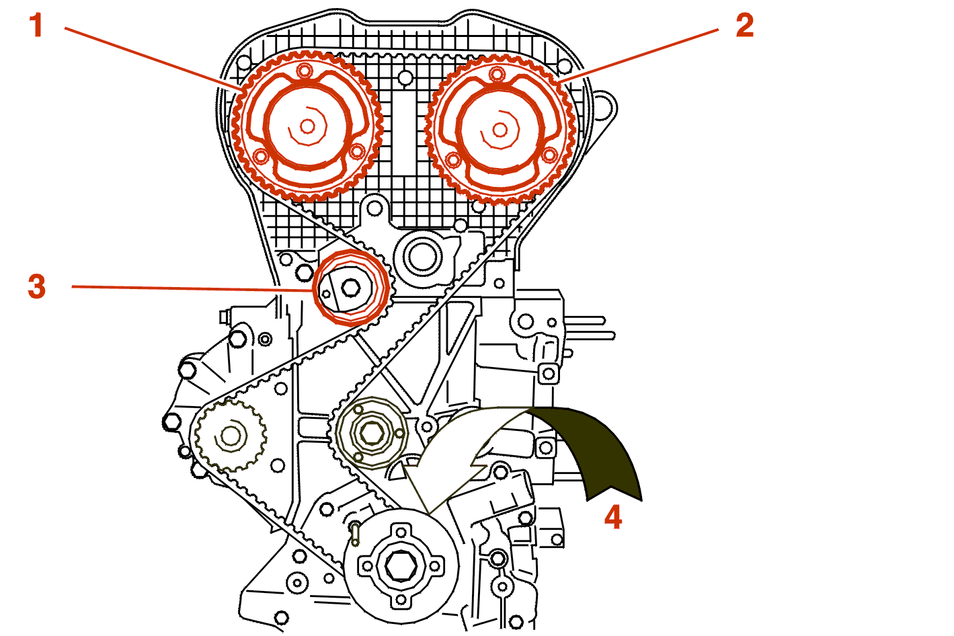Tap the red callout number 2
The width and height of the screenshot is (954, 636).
[744, 26]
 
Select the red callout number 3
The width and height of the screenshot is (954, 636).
[37, 286]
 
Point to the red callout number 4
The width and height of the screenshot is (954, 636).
[612, 517]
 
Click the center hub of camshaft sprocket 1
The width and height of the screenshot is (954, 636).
[307, 126]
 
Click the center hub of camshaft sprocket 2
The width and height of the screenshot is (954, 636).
[500, 128]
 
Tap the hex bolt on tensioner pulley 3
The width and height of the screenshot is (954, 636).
[350, 288]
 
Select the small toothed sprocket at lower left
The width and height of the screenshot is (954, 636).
[230, 436]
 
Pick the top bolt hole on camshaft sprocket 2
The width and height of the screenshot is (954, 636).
[497, 73]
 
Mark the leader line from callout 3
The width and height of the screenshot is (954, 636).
[188, 288]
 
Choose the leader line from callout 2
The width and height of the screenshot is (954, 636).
[639, 56]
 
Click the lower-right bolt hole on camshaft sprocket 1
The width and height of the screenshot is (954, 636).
[358, 151]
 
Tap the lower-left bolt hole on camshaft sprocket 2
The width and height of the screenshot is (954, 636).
[452, 160]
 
